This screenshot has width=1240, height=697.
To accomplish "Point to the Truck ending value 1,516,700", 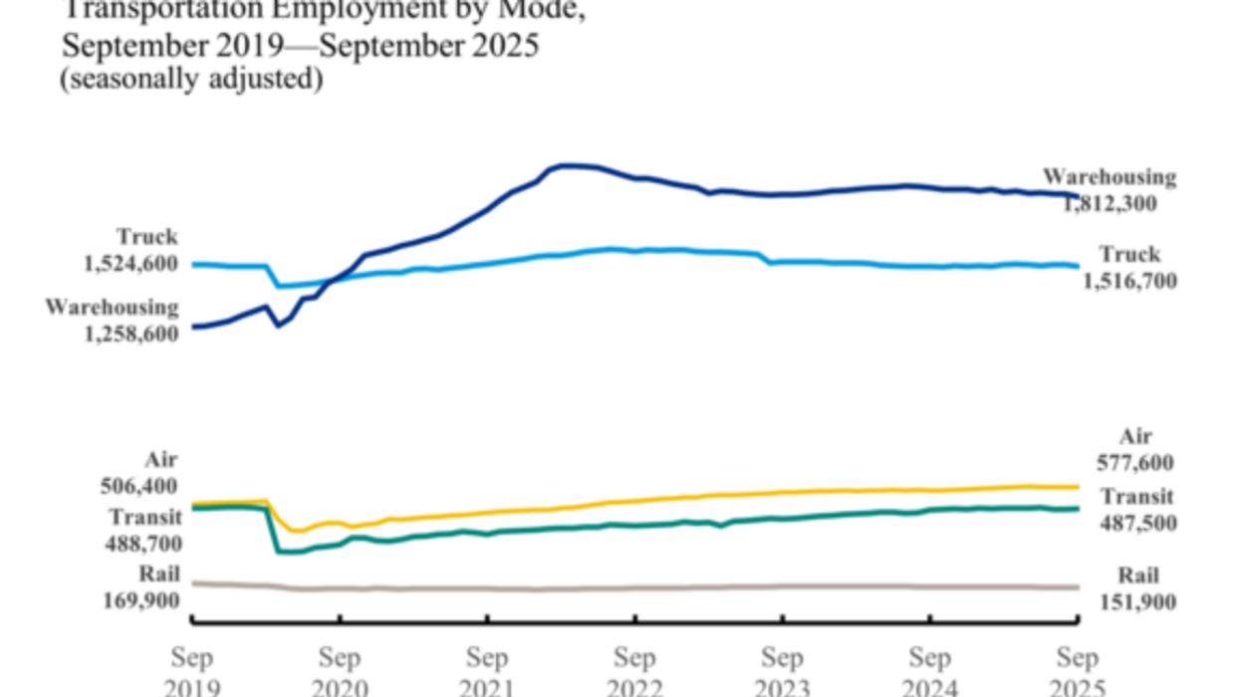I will [x=1129, y=281].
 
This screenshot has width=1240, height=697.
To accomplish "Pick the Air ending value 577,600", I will [x=1136, y=462].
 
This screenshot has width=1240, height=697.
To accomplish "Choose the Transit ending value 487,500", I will [x=1136, y=522].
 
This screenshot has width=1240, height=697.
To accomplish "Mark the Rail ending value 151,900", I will [x=1136, y=601].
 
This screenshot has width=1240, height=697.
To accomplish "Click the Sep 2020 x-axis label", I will [x=340, y=672].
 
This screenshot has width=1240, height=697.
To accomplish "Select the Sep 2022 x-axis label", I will [x=634, y=672].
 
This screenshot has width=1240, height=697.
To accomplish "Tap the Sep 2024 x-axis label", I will [x=929, y=672].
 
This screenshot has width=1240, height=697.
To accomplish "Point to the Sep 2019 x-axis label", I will [x=192, y=672].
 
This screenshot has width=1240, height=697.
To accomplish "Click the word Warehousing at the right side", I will [x=1110, y=177].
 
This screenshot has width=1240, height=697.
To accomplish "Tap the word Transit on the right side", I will [x=1136, y=497].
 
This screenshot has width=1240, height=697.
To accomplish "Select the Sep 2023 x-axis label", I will [x=782, y=672].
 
